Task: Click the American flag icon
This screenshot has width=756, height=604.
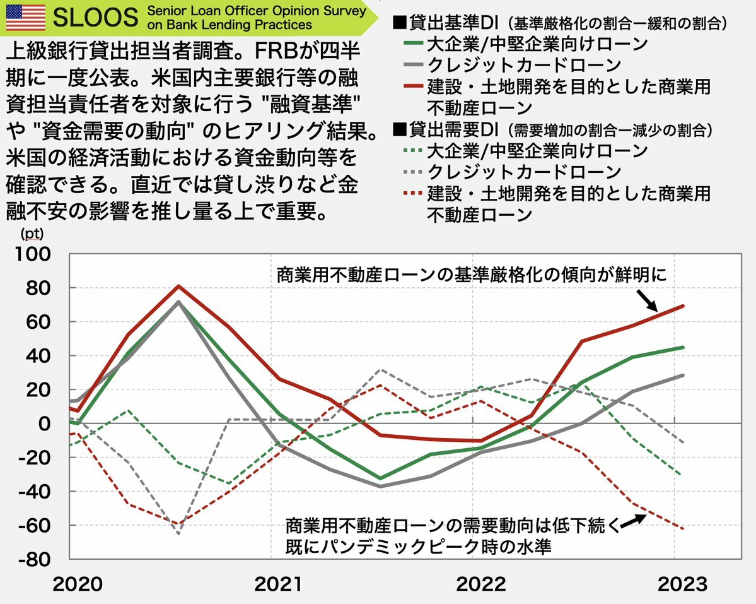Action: [25, 17]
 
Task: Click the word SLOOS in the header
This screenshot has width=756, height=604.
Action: [95, 18]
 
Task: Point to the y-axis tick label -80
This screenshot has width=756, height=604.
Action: [37, 559]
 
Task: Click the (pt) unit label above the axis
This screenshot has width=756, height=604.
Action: [32, 234]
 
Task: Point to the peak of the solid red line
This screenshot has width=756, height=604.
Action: [178, 286]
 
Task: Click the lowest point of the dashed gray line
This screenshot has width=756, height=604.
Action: [178, 534]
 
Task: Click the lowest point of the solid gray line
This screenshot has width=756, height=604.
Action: [380, 487]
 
